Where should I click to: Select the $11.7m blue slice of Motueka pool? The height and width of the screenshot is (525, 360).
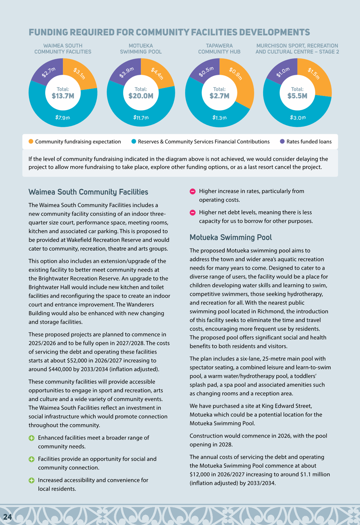pyautogui.click(x=141, y=117)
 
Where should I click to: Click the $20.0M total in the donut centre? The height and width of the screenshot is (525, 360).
pyautogui.click(x=141, y=96)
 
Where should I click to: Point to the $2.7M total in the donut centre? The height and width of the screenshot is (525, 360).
pyautogui.click(x=219, y=96)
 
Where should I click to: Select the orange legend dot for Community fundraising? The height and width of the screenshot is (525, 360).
pyautogui.click(x=31, y=141)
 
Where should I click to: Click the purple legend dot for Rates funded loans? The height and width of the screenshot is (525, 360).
pyautogui.click(x=282, y=141)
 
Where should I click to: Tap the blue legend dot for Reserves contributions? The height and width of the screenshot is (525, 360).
pyautogui.click(x=133, y=141)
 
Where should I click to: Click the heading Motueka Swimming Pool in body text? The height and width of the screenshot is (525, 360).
pyautogui.click(x=231, y=237)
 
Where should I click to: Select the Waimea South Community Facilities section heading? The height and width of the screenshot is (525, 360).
pyautogui.click(x=89, y=192)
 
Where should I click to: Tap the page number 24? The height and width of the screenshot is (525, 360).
pyautogui.click(x=8, y=517)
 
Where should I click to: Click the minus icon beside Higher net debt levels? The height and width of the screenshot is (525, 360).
pyautogui.click(x=192, y=213)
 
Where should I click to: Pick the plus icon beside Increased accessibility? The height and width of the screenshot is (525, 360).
pyautogui.click(x=31, y=480)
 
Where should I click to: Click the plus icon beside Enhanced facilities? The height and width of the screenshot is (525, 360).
pyautogui.click(x=31, y=438)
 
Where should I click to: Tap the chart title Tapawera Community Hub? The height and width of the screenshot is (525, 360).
pyautogui.click(x=219, y=49)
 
